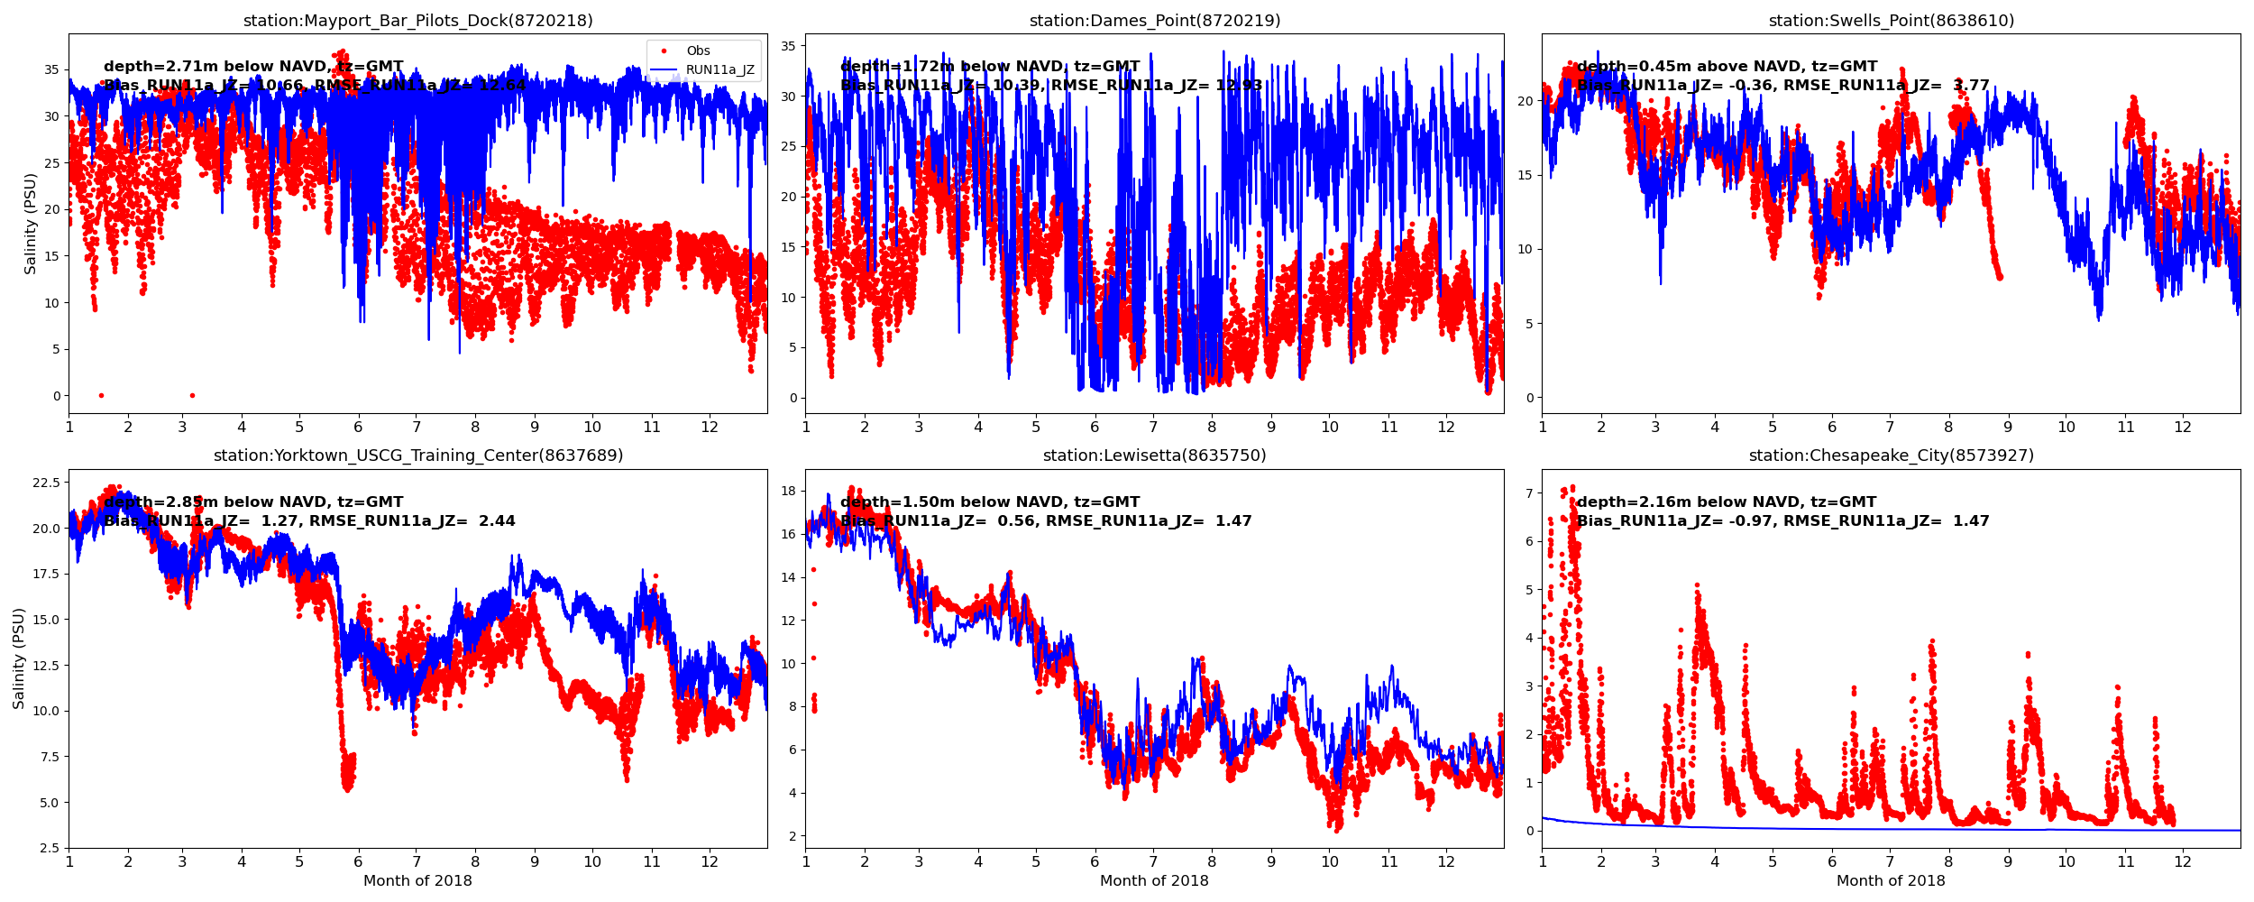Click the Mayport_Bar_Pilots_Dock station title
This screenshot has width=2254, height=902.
417,21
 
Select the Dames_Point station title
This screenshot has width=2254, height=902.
1154,21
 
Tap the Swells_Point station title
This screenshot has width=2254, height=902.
1891,21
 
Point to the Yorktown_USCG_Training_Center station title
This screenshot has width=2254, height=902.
417,456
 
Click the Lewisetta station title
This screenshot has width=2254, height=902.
1154,456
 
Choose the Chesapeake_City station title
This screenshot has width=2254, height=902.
1891,456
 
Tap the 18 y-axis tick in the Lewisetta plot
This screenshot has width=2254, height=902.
786,491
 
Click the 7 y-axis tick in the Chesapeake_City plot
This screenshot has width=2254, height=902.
1528,492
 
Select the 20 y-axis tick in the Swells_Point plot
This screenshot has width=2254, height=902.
1524,101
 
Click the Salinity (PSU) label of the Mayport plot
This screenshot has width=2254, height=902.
31,224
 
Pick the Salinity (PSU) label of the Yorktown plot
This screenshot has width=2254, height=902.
19,658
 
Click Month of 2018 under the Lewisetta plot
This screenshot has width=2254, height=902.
1154,880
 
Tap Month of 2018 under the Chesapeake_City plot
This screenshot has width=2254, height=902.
1891,880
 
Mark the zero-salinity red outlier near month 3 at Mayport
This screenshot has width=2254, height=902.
192,395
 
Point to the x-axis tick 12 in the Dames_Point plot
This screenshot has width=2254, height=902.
1446,427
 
